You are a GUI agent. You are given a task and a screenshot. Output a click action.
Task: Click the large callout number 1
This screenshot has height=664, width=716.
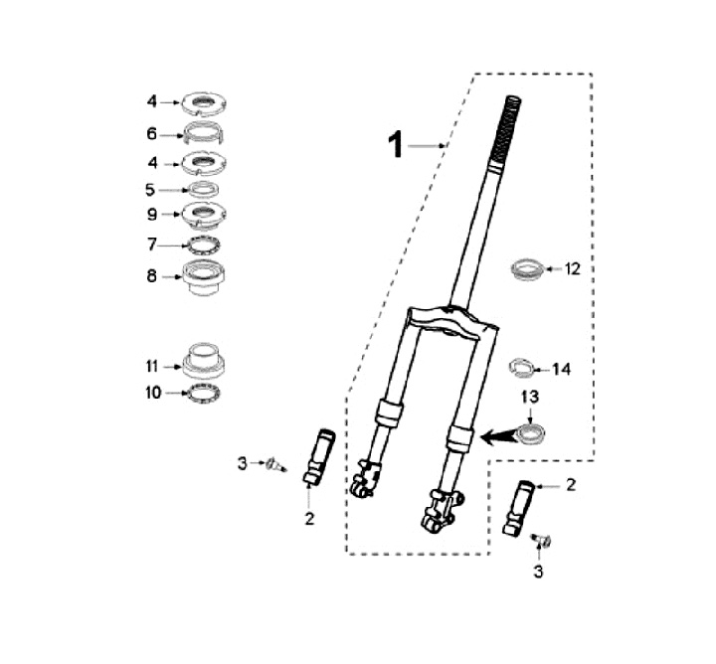(x=396, y=145)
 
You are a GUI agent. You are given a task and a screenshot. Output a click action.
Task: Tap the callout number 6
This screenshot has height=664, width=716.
(x=151, y=134)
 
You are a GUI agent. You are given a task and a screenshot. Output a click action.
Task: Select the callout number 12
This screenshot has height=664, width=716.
(x=572, y=268)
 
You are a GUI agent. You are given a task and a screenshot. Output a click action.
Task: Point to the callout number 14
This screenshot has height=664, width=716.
(x=562, y=369)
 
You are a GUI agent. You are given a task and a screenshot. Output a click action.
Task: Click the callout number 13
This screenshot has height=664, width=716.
(x=530, y=397)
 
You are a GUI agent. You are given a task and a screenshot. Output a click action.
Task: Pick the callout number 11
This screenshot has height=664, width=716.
(x=152, y=367)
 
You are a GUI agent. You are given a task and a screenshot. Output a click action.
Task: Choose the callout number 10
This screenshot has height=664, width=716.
(x=153, y=393)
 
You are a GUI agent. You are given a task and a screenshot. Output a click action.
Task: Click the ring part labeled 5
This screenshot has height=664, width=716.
(x=204, y=189)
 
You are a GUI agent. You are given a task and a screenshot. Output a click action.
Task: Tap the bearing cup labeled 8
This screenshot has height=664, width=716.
(x=204, y=277)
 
